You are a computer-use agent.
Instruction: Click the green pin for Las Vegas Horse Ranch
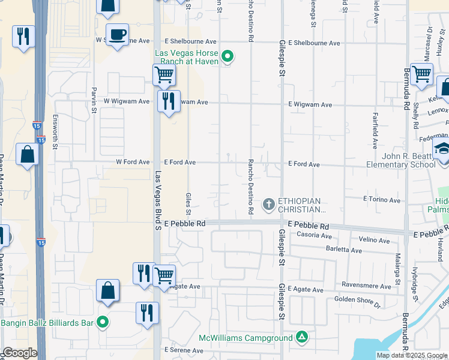click(x=228, y=58)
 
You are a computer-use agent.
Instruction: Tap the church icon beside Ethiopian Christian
click(x=268, y=205)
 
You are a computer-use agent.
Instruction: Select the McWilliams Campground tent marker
click(x=303, y=337)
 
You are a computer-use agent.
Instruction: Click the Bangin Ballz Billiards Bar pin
click(x=103, y=323)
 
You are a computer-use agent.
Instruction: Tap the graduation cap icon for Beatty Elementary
click(x=442, y=149)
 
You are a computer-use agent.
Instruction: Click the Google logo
click(x=19, y=353)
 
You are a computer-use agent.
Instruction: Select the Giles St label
click(x=188, y=203)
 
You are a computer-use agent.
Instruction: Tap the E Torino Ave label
click(x=382, y=199)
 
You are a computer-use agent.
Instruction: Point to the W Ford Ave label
click(x=133, y=162)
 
